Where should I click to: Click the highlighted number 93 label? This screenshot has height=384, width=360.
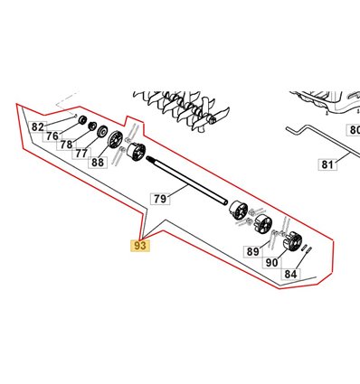click(140, 246)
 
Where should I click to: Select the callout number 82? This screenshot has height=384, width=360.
click(38, 127)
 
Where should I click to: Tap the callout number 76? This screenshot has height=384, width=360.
click(52, 136)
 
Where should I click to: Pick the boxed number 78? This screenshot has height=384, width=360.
click(66, 145)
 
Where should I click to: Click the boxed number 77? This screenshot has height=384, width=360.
click(81, 154)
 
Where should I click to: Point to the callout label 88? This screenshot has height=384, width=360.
click(98, 163)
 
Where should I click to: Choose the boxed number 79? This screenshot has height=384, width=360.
click(160, 199)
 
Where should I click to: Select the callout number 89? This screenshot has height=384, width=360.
click(252, 251)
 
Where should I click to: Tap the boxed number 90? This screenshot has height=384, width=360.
click(271, 263)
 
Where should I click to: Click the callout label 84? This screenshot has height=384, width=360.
click(290, 274)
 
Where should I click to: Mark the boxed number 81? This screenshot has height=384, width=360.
click(327, 164)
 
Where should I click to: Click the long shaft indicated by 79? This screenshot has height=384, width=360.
click(186, 181)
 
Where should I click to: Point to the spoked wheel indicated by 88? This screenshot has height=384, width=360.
click(116, 140)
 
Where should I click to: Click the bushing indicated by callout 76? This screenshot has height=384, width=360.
click(82, 120)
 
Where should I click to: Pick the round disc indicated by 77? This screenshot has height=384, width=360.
click(102, 131)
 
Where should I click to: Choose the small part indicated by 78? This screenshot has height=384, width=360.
click(92, 126)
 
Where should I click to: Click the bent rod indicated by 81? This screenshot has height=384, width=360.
click(323, 141)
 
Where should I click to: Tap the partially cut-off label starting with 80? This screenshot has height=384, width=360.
click(353, 130)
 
